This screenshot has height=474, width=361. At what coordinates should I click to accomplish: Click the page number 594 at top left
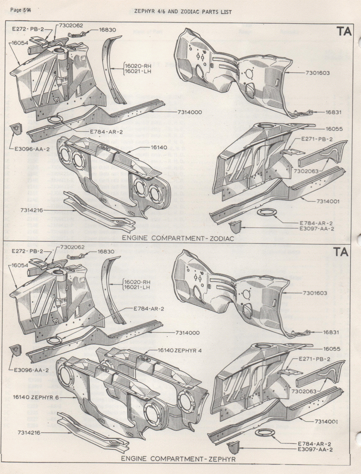(21, 10)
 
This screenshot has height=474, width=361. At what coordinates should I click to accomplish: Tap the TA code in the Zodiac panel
(343, 32)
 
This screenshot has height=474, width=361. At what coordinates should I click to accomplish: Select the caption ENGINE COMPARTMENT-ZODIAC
(178, 238)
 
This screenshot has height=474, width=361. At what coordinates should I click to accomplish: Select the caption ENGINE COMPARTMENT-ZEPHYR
(178, 459)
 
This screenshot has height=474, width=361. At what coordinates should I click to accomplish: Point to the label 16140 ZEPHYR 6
(35, 397)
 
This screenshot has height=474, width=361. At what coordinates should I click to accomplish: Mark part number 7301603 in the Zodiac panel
(317, 73)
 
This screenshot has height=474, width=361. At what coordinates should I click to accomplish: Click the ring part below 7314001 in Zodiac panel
(264, 213)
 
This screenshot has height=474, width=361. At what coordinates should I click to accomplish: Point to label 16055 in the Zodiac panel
(334, 129)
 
